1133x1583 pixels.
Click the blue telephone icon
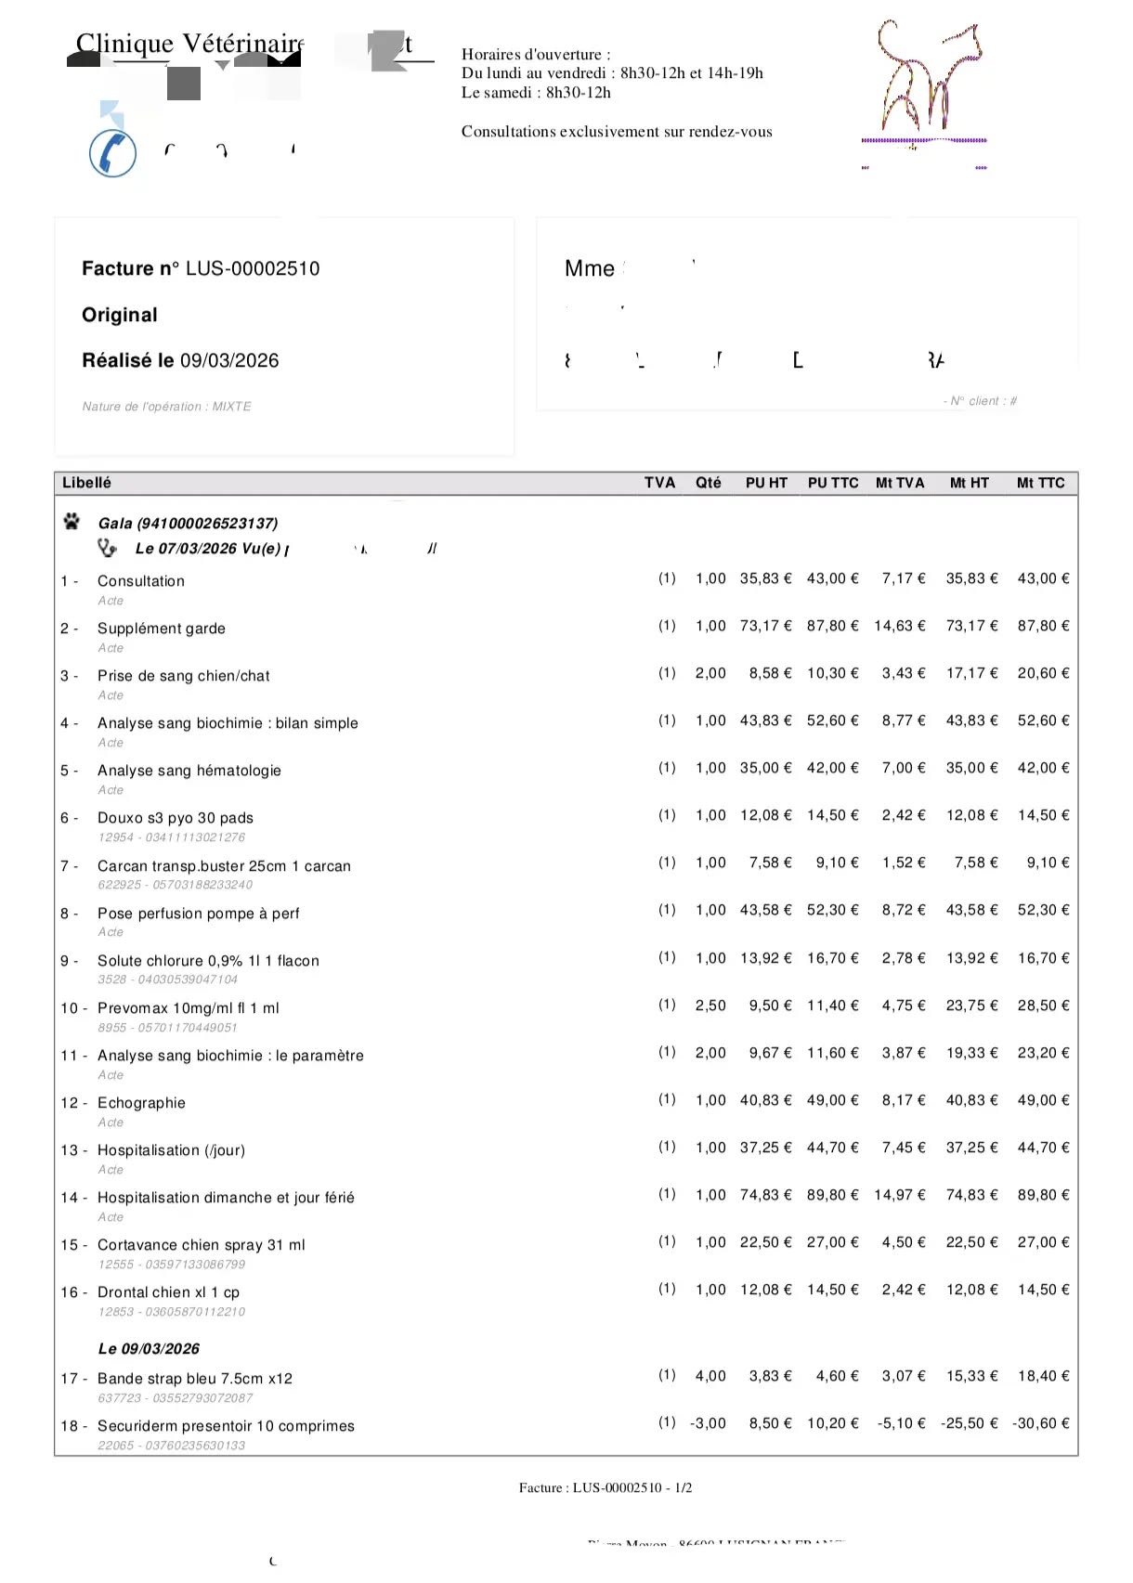(x=112, y=153)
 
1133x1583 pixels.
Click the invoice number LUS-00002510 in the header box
(x=253, y=269)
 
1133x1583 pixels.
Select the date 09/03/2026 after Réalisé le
(x=229, y=361)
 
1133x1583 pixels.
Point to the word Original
(x=120, y=316)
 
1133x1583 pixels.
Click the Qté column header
(x=708, y=484)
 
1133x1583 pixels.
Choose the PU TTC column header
(x=833, y=484)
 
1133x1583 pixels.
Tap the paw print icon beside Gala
(x=72, y=522)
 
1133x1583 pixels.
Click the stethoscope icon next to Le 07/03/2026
(x=108, y=549)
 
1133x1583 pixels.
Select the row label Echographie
(x=141, y=1103)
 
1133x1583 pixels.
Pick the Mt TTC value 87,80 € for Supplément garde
(x=1043, y=627)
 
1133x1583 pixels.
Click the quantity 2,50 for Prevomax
(x=710, y=1006)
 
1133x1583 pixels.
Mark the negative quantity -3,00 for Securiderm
(x=708, y=1423)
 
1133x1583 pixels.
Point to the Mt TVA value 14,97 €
(x=899, y=1195)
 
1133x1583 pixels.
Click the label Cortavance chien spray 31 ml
(x=201, y=1245)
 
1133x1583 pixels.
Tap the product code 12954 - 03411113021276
(x=172, y=837)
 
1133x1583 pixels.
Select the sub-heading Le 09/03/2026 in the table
(x=149, y=1349)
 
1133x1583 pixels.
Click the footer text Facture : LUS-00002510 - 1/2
(x=606, y=1488)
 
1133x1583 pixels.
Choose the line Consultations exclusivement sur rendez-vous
(x=617, y=132)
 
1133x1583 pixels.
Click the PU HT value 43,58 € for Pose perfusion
(x=765, y=910)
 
